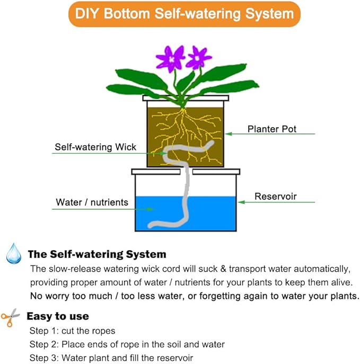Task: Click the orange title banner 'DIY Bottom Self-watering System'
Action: point(180,14)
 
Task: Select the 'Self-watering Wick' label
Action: point(95,147)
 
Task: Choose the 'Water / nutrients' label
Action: point(92,202)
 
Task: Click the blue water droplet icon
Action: point(13,253)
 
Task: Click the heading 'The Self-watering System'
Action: point(97,254)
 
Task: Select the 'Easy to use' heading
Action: point(58,317)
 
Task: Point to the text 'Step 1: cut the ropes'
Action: point(72,331)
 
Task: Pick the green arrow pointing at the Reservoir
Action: point(276,202)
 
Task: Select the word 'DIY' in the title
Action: point(87,14)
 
